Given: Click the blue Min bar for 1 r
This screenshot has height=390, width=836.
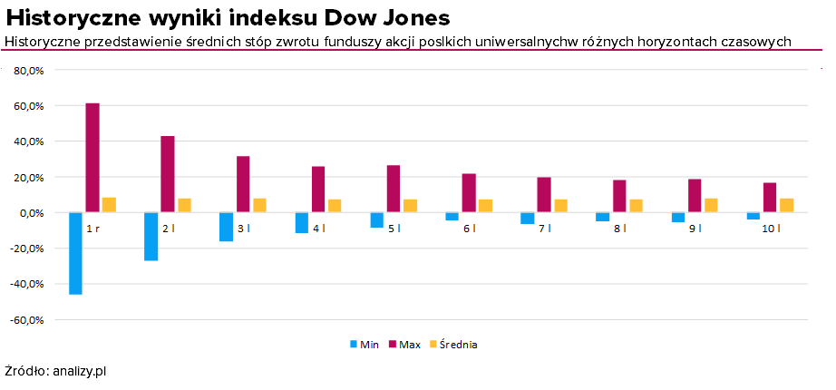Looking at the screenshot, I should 75,253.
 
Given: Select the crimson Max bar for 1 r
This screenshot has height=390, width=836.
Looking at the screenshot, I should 92,158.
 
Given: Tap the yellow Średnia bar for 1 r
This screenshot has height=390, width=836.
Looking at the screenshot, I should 109,205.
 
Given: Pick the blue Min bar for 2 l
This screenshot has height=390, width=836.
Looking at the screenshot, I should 151,236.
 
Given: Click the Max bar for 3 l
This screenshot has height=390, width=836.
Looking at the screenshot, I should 243,184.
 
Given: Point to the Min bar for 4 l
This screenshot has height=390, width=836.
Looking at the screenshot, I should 301,222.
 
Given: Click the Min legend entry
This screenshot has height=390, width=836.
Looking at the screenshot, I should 365,345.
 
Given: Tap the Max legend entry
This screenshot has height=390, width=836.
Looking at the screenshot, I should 404,345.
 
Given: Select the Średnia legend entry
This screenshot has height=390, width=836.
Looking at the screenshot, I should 452,345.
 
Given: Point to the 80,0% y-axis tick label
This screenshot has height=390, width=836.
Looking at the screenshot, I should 30,70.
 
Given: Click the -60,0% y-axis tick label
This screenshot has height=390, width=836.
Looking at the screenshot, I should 28,319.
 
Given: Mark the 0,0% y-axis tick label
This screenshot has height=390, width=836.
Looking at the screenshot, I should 33,212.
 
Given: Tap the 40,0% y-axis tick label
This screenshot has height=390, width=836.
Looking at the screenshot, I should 30,141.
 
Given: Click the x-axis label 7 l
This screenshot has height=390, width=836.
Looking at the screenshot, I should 543,229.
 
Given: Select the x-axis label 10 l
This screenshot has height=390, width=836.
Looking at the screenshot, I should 770,229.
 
